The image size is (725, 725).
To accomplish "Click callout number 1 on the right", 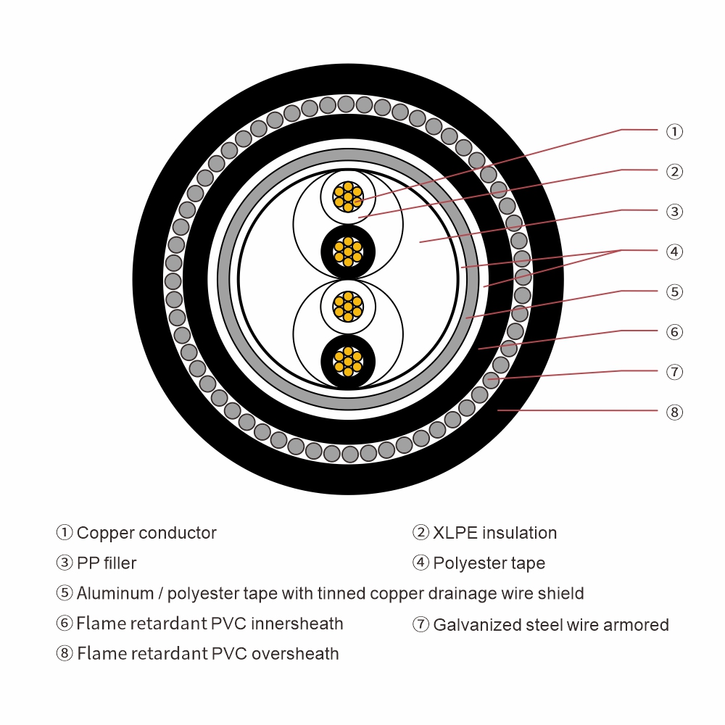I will (x=674, y=131).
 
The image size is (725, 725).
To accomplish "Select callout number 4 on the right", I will (x=674, y=252).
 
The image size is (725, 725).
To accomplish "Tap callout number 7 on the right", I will (x=674, y=372).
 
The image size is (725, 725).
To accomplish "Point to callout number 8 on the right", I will (x=674, y=413).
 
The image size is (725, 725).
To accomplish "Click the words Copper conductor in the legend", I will (x=146, y=533).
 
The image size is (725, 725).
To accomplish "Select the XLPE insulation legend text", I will (x=494, y=533).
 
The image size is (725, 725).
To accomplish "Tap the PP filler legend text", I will (x=107, y=563).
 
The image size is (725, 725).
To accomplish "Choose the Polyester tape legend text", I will (x=489, y=563).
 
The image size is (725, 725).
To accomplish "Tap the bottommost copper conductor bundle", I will (x=348, y=360).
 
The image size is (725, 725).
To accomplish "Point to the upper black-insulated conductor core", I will (x=348, y=252).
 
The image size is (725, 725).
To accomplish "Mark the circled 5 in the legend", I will (x=65, y=594).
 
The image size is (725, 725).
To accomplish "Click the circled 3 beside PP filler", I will (x=65, y=563).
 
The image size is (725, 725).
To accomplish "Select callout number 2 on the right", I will (x=674, y=172).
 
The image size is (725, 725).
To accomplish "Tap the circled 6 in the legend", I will (x=65, y=623).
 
